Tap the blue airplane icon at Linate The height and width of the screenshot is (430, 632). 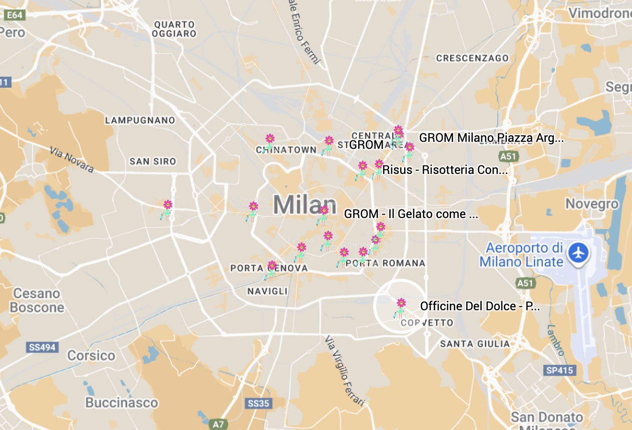tap(578, 252)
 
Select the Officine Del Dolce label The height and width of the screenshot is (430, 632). tap(480, 306)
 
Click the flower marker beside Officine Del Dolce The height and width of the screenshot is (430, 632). tap(401, 306)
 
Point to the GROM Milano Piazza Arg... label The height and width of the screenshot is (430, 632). tap(491, 138)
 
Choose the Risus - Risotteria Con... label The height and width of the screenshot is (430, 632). tap(445, 170)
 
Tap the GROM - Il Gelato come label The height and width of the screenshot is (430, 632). tap(411, 214)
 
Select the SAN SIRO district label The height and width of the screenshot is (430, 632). tap(153, 161)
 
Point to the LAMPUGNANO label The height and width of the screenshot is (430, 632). tap(140, 120)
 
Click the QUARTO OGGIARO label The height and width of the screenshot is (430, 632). tap(175, 29)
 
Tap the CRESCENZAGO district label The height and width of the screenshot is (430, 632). tap(472, 58)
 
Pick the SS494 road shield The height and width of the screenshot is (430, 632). tap(42, 347)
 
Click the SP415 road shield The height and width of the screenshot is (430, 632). tap(559, 371)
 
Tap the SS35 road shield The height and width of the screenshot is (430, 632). tap(259, 403)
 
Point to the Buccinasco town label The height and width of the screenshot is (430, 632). tap(122, 402)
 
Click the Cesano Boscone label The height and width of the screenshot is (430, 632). tap(39, 300)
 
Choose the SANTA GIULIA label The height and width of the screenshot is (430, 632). tap(475, 344)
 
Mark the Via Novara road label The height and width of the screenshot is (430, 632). tap(72, 159)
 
